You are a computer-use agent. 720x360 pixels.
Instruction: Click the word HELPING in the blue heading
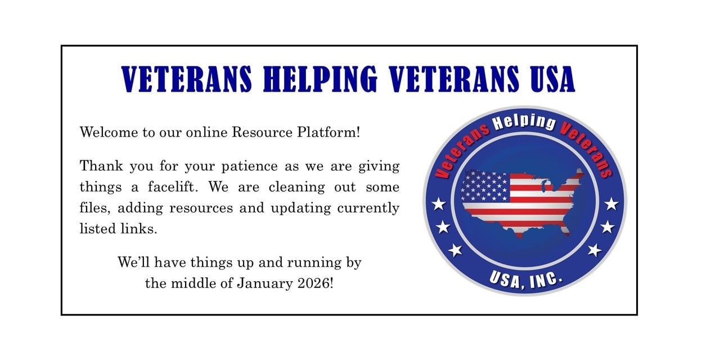point(320,79)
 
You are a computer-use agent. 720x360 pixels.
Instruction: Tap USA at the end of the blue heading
point(552,79)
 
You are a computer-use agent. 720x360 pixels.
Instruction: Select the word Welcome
point(109,132)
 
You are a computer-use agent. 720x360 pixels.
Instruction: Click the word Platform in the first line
point(328,132)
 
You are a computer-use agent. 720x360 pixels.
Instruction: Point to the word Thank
point(101,166)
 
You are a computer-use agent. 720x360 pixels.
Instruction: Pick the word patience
point(249,166)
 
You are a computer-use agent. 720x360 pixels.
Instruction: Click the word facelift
point(173,187)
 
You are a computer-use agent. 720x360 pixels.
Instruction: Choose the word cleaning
point(296,187)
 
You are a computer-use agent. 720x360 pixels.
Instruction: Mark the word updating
point(301,208)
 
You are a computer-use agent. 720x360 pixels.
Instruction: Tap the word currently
point(368,208)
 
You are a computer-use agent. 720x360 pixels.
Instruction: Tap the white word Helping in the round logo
point(525,123)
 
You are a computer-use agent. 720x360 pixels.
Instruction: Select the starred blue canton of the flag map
point(485,186)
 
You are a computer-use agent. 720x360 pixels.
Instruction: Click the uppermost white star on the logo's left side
point(439,204)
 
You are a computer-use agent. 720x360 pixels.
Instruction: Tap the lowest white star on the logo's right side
point(595,250)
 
